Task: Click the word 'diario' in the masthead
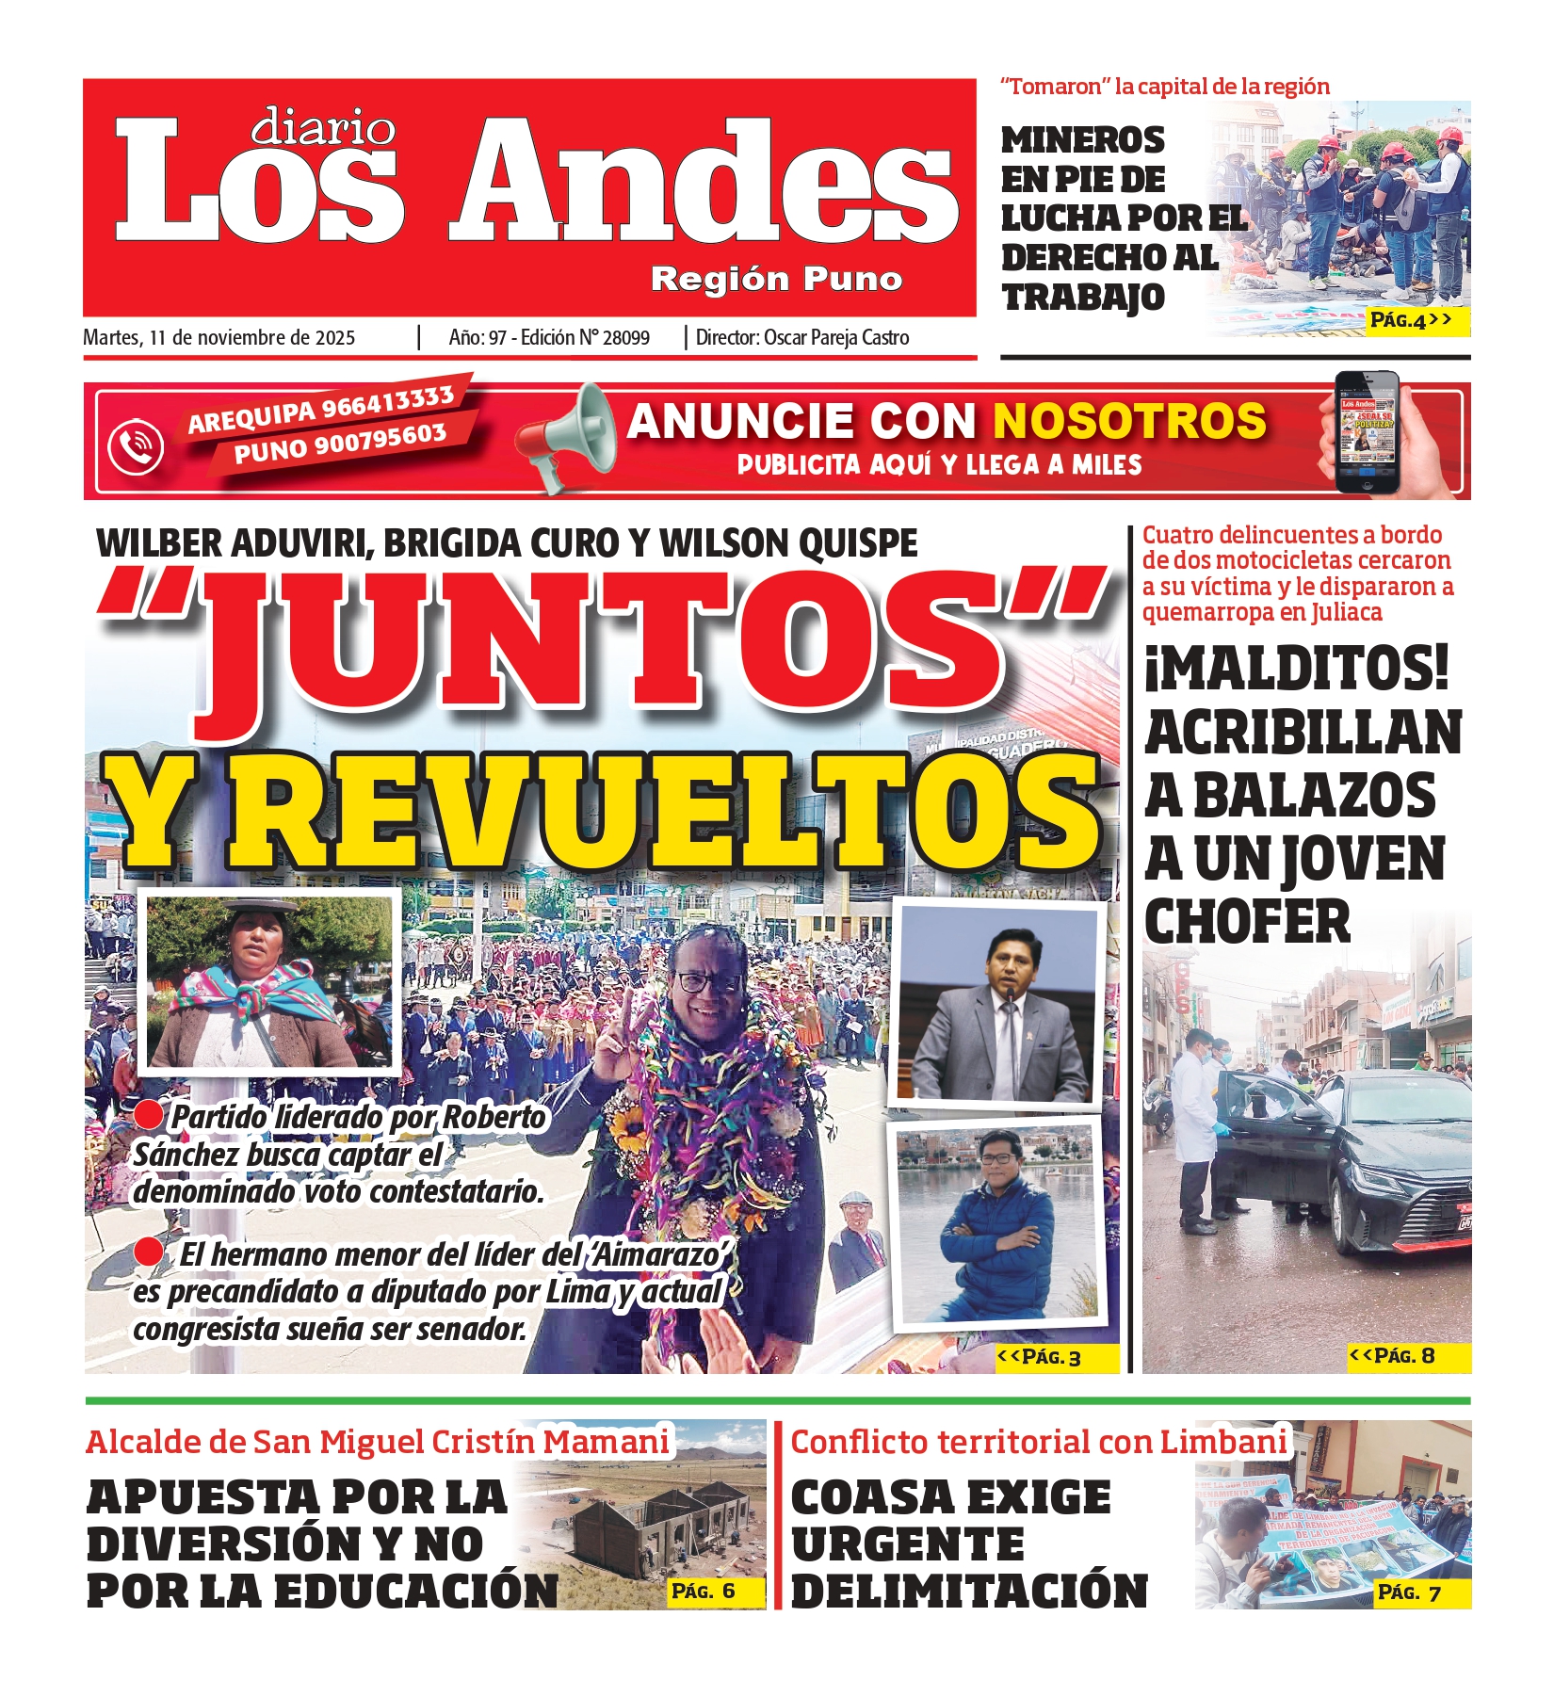click(x=323, y=127)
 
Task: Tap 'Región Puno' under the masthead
click(x=776, y=279)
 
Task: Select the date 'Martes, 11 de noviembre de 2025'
click(x=219, y=338)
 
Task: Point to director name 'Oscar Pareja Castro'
click(x=836, y=338)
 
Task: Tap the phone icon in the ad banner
click(x=136, y=445)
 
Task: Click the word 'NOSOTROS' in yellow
click(x=1129, y=421)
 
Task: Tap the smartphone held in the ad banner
click(x=1368, y=432)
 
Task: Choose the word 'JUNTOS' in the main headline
click(x=603, y=640)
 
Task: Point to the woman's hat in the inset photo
click(x=257, y=905)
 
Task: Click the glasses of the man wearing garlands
click(x=707, y=981)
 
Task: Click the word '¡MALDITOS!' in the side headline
click(x=1297, y=669)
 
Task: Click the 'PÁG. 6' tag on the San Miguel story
click(x=703, y=1592)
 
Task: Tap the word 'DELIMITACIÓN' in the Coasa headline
click(x=969, y=1592)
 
